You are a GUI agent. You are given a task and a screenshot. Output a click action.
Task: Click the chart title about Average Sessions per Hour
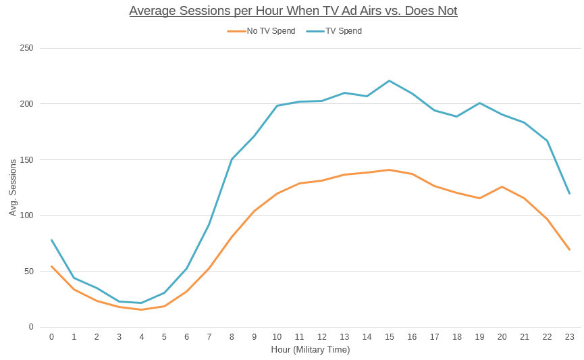pos(293,11)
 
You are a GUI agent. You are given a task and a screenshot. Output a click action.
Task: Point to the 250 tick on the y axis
pos(26,48)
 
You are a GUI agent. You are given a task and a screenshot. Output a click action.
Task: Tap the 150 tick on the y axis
pos(26,160)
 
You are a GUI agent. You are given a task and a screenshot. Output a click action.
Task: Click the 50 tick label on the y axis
pos(29,272)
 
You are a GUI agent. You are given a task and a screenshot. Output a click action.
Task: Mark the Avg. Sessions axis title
pos(13,188)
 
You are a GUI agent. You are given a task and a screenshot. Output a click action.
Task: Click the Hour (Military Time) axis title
pos(311,350)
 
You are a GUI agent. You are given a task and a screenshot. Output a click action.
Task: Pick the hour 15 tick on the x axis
pos(390,336)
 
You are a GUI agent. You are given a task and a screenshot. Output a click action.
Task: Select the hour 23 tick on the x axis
pos(570,336)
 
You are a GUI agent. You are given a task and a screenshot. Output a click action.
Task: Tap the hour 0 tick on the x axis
pos(51,336)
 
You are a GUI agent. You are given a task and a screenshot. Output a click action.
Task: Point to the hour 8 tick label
pos(232,336)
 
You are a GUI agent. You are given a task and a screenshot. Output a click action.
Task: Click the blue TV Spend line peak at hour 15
pos(390,81)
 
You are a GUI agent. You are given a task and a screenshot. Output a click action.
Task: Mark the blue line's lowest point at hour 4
pos(142,303)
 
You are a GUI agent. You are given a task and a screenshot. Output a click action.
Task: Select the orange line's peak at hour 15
pos(390,170)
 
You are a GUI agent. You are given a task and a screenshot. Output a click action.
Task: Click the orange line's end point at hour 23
pos(570,250)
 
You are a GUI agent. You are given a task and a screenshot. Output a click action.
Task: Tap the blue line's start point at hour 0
pos(51,240)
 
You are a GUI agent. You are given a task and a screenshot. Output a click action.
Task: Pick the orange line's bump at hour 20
pos(502,186)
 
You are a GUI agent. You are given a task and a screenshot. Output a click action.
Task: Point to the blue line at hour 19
pos(479,103)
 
